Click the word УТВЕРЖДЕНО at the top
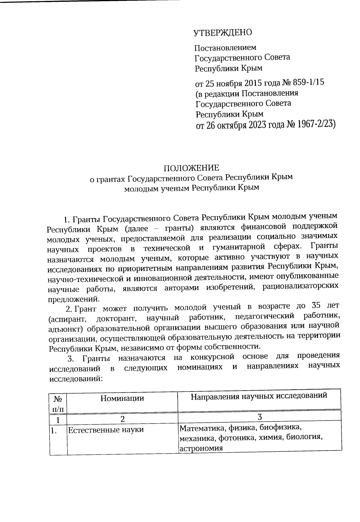pos(223,33)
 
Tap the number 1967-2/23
pos(315,124)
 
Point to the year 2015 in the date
pos(252,82)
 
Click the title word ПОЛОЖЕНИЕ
pos(191,167)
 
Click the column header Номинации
pos(122,398)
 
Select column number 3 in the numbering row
pos(259,417)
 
